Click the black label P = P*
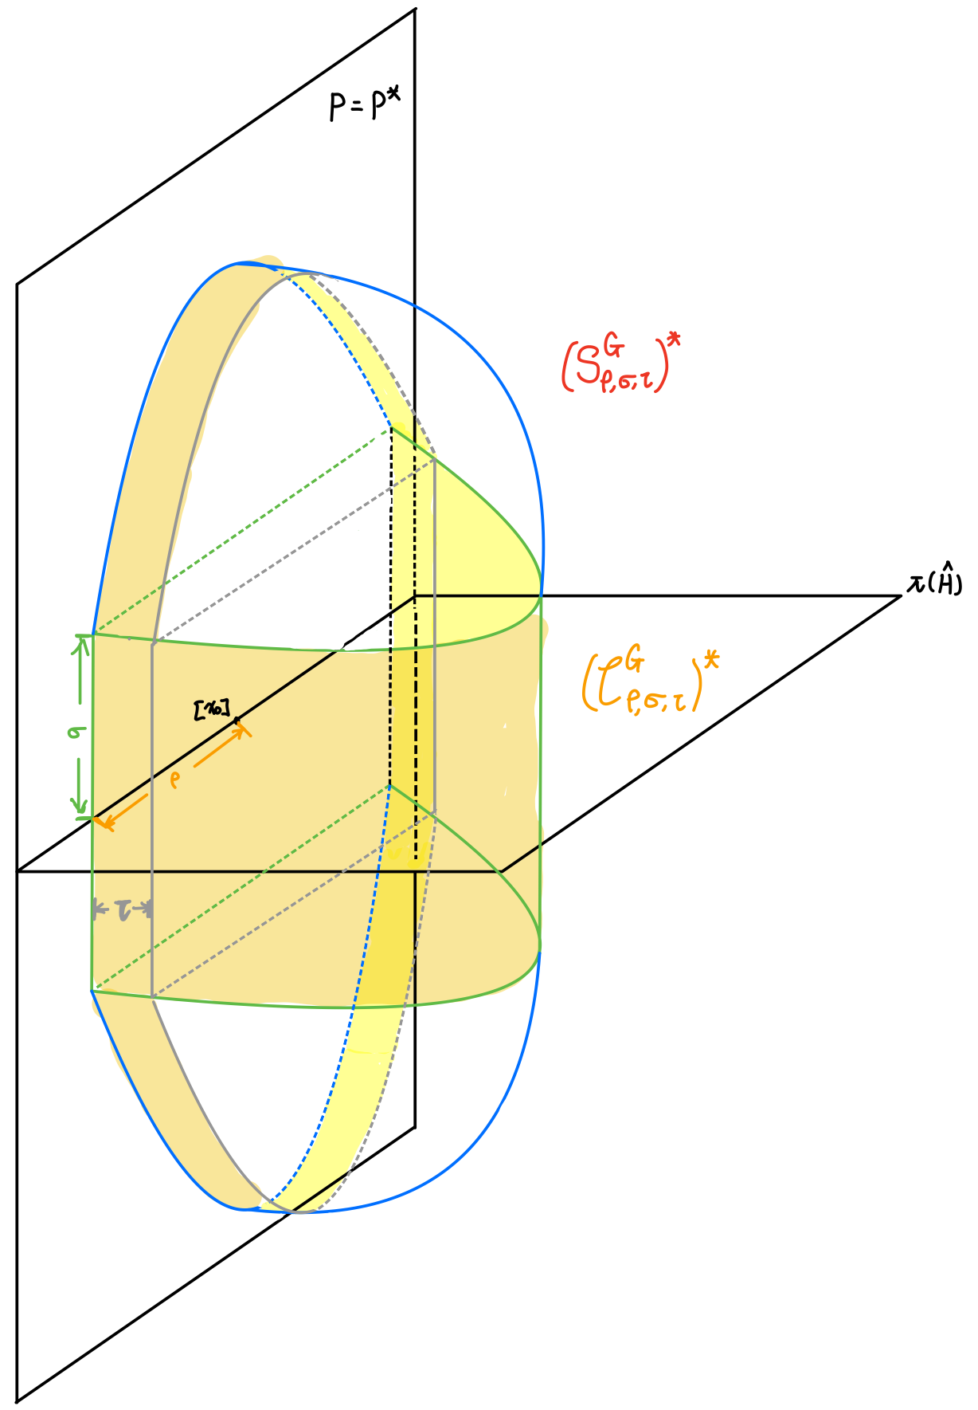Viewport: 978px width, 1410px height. [x=362, y=104]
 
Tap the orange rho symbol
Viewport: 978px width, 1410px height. [x=175, y=780]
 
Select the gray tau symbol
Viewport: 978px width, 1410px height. [x=123, y=909]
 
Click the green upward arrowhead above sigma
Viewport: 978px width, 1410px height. [x=80, y=642]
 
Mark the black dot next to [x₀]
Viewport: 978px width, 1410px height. [x=237, y=721]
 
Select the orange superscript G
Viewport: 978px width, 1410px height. [x=635, y=660]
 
